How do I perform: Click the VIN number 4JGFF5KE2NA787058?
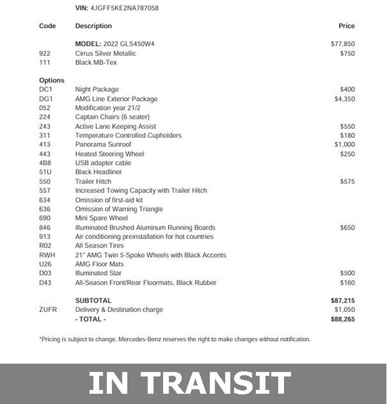pyautogui.click(x=124, y=8)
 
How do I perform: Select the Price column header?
pyautogui.click(x=347, y=26)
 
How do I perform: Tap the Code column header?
pyautogui.click(x=47, y=26)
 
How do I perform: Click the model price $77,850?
pyautogui.click(x=343, y=44)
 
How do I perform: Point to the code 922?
pyautogui.click(x=45, y=53)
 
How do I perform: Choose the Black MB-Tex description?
pyautogui.click(x=96, y=62)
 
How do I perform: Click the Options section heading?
pyautogui.click(x=52, y=80)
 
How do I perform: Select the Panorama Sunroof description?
pyautogui.click(x=103, y=145)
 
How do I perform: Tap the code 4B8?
pyautogui.click(x=45, y=163)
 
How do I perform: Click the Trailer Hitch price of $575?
pyautogui.click(x=347, y=182)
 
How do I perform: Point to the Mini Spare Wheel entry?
pyautogui.click(x=101, y=218)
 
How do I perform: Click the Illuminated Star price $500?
pyautogui.click(x=347, y=273)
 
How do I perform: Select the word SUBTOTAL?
pyautogui.click(x=93, y=301)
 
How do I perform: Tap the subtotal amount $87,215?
pyautogui.click(x=343, y=301)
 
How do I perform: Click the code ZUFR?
pyautogui.click(x=48, y=310)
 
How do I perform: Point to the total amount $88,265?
pyautogui.click(x=343, y=319)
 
